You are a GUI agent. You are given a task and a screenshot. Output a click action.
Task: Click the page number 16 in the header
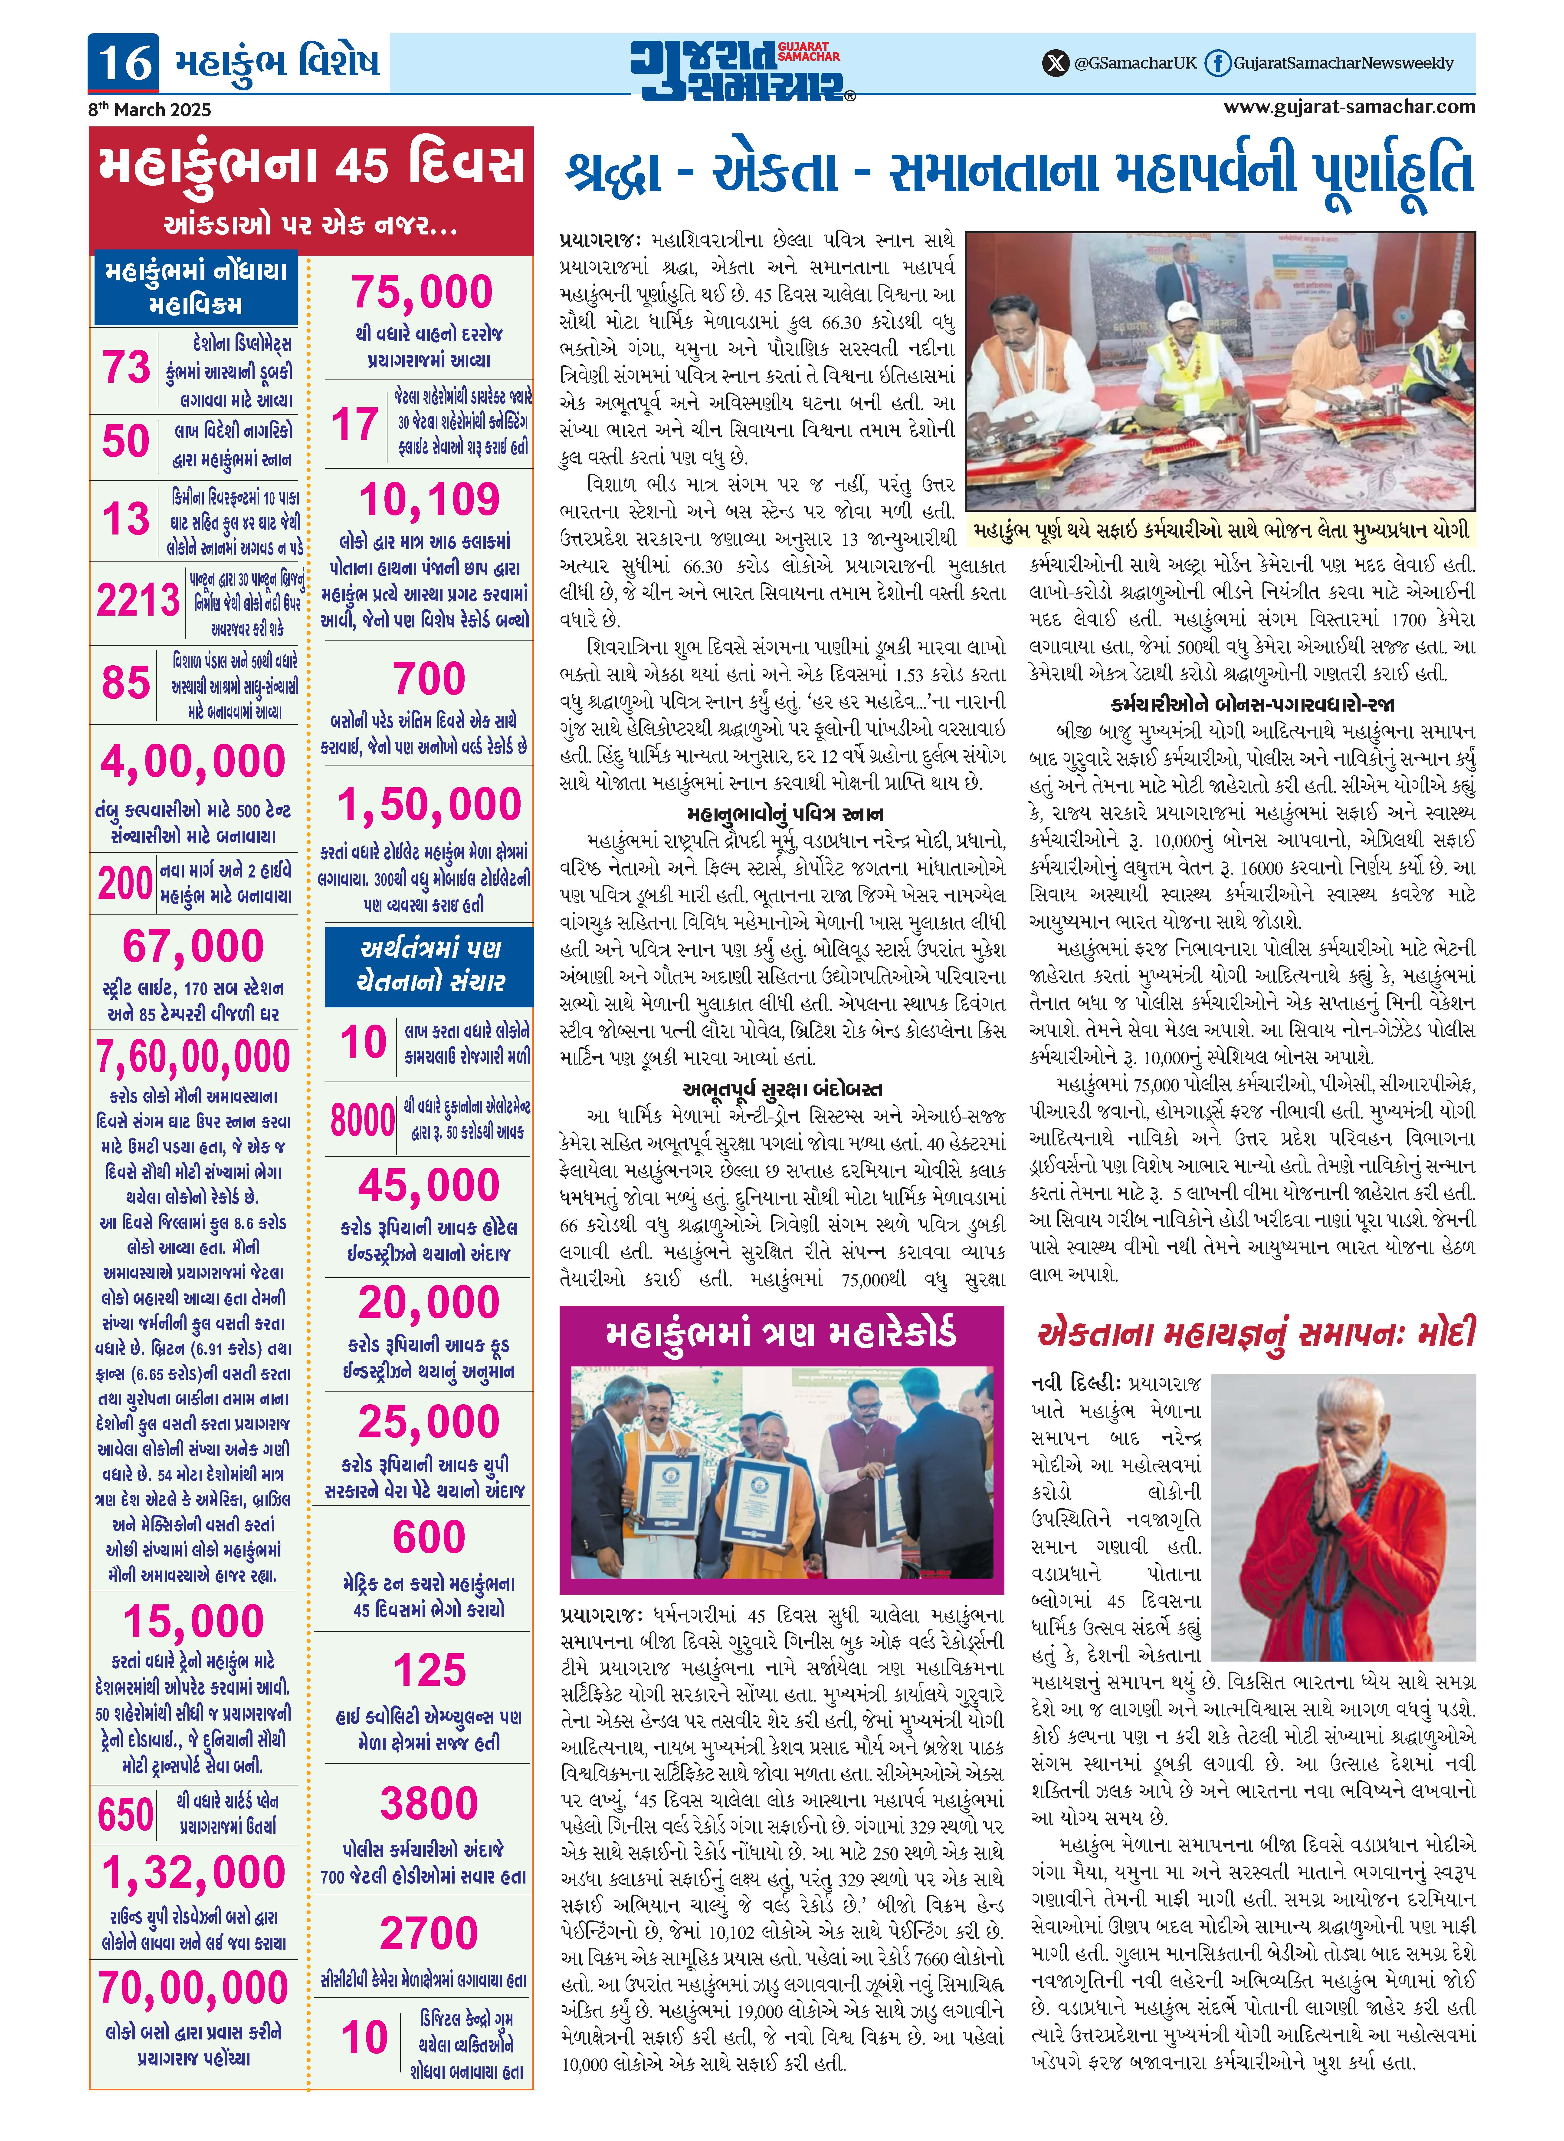pyautogui.click(x=125, y=63)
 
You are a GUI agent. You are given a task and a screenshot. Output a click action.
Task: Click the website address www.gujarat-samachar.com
pyautogui.click(x=1349, y=107)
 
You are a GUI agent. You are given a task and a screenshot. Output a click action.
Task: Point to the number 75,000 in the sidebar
pyautogui.click(x=422, y=292)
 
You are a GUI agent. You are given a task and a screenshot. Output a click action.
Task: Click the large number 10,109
pyautogui.click(x=429, y=499)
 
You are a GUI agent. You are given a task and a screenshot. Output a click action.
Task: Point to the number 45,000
pyautogui.click(x=429, y=1185)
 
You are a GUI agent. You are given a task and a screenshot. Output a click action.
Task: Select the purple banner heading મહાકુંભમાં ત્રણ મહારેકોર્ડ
pyautogui.click(x=781, y=1333)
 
